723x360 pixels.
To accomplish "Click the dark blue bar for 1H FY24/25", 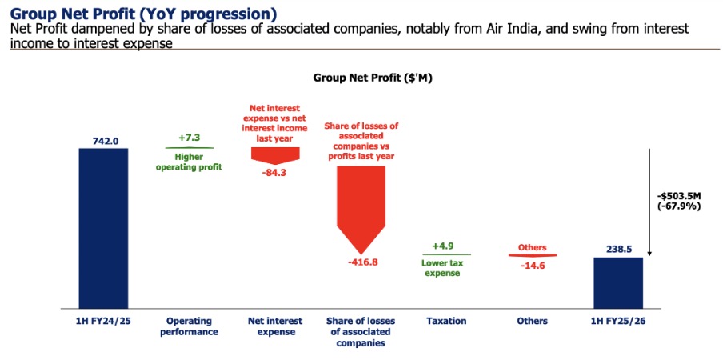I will click(103, 228).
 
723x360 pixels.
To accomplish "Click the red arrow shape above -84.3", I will click(274, 154).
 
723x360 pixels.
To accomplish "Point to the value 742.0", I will click(105, 141).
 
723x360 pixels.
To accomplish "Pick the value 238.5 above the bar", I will click(618, 249).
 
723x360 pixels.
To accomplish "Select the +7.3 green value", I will click(190, 138).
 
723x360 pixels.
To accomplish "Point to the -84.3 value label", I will click(274, 170).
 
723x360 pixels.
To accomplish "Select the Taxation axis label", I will click(446, 321).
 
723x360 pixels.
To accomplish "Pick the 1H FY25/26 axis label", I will click(618, 321).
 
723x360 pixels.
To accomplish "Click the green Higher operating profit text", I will click(190, 162).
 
